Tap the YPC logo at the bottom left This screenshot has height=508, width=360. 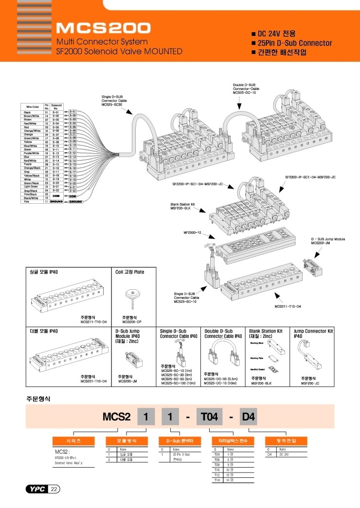coord(36,489)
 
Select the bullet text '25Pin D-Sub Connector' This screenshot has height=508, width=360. coord(294,43)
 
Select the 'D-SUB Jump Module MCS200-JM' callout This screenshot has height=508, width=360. coord(328,242)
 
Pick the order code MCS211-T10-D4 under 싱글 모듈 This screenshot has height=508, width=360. coord(93,322)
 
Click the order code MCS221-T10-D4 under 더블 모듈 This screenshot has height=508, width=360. coord(93,382)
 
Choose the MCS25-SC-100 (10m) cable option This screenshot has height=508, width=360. coord(178,383)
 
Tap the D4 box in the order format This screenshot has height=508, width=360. coord(249,417)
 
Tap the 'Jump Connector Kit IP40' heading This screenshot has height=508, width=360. coord(313,333)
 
